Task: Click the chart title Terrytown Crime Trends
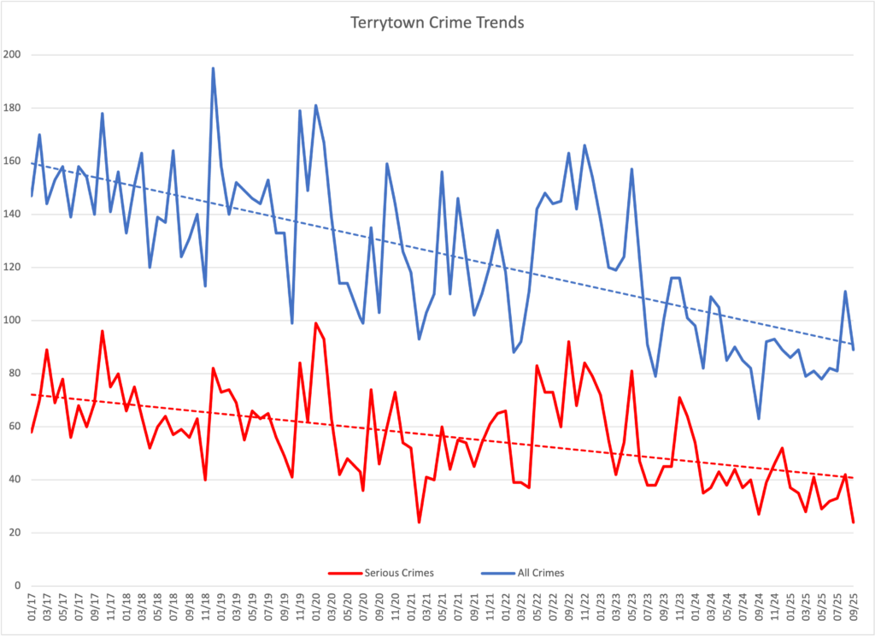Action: pyautogui.click(x=437, y=23)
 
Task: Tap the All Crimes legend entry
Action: pyautogui.click(x=540, y=573)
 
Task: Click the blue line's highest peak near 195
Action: pyautogui.click(x=213, y=68)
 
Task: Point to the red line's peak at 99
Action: pyautogui.click(x=316, y=323)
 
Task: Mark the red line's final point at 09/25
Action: pyautogui.click(x=854, y=522)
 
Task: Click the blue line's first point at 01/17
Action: pyautogui.click(x=32, y=196)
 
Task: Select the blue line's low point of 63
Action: pyautogui.click(x=759, y=418)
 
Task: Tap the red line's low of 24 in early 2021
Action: pyautogui.click(x=419, y=522)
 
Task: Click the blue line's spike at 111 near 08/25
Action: pyautogui.click(x=845, y=292)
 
